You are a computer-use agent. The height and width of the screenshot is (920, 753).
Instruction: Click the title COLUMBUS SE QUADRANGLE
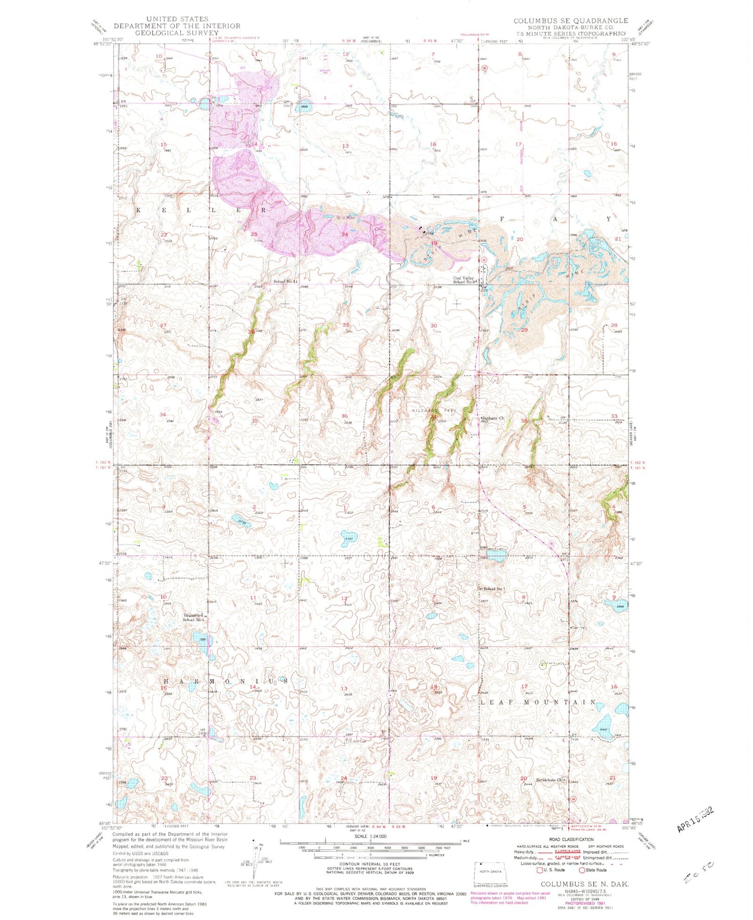pyautogui.click(x=570, y=21)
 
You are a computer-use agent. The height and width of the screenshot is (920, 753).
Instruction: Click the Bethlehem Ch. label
pyautogui.click(x=551, y=780)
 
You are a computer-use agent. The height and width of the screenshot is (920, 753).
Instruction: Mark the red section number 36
pyautogui.click(x=344, y=416)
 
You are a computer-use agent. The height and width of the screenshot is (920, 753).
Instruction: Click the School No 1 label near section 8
pyautogui.click(x=493, y=588)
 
